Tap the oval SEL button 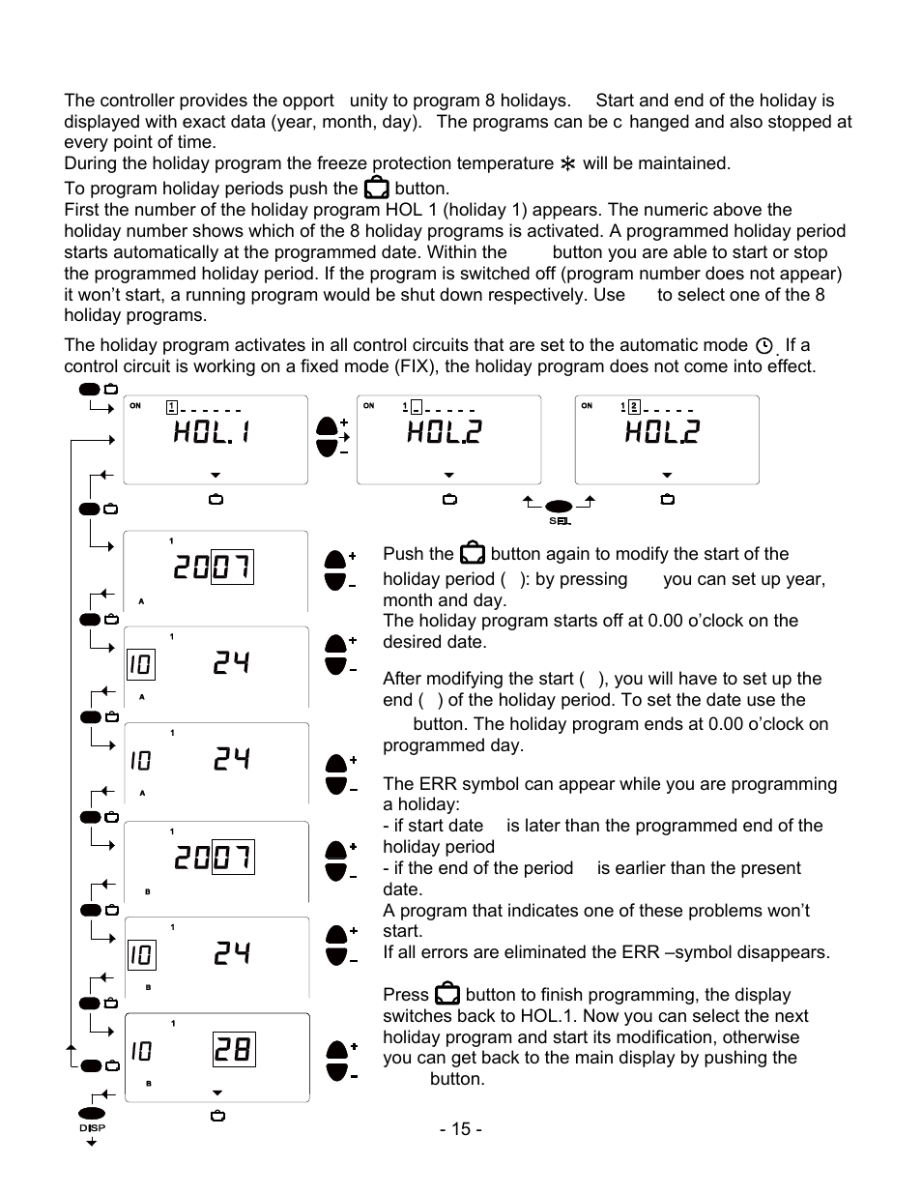coord(560,507)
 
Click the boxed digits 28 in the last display coord(233,1050)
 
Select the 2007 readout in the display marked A coord(213,568)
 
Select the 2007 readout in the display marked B coord(214,857)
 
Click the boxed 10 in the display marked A coord(140,665)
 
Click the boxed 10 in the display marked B coord(141,955)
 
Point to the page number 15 coord(461,1129)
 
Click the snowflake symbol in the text coord(567,164)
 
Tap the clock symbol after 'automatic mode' coord(764,346)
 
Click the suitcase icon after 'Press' coord(447,994)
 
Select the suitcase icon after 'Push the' coord(473,553)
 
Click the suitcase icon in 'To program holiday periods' coord(376,189)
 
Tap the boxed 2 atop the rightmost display coord(634,407)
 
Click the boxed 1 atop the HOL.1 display coord(171,407)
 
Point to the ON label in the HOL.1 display coord(135,406)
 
